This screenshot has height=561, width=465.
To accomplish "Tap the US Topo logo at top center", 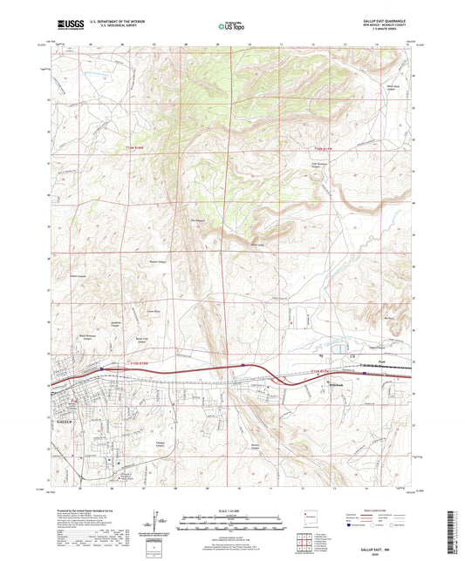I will [x=231, y=27].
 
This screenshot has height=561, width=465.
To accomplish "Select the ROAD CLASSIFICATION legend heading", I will [x=380, y=509].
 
